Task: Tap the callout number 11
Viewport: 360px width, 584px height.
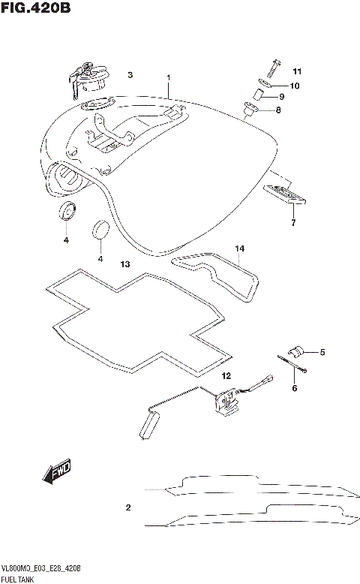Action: tap(297, 71)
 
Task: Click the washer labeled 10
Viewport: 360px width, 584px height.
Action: tap(268, 85)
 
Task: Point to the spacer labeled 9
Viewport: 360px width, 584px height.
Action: tap(256, 96)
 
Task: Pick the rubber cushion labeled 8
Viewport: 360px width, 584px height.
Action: tap(249, 111)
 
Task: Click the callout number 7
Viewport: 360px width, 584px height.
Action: tap(293, 223)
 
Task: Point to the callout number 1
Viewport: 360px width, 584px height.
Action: tap(169, 77)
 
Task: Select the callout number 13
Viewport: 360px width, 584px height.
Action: tap(125, 264)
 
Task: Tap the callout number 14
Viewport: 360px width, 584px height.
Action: tap(240, 248)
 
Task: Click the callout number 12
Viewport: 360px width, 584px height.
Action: tap(226, 375)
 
